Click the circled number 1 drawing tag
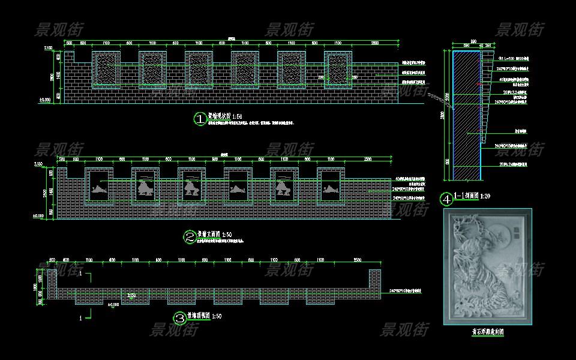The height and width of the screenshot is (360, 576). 199,119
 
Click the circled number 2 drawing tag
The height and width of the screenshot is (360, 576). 189,237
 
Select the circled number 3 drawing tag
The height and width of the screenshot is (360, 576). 179,317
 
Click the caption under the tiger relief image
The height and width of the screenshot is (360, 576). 487,331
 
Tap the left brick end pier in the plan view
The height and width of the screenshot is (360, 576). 52,283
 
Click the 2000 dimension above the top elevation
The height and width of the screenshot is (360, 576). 375,44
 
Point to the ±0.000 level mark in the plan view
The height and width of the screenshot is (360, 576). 113,305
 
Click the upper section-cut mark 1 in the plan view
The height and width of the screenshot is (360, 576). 80,273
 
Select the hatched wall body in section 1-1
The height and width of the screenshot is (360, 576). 466,114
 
